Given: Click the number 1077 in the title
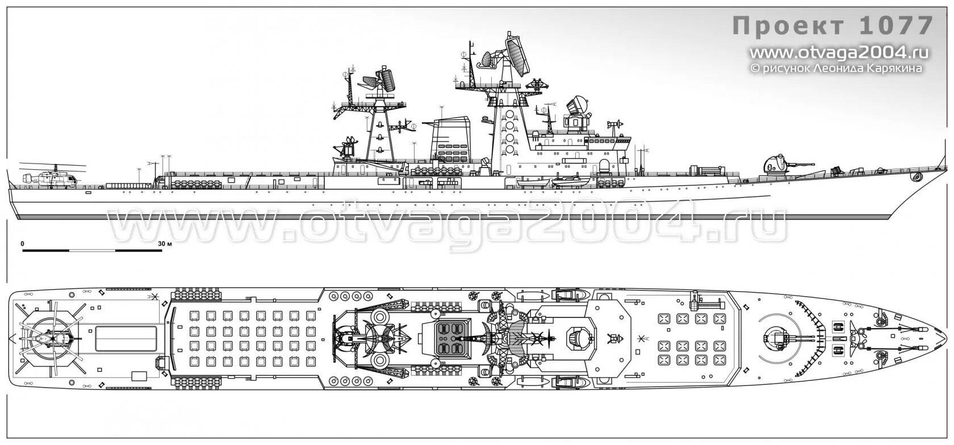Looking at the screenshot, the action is (896, 26).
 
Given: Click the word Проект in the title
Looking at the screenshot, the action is (788, 27).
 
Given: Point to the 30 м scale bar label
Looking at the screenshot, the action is (165, 244).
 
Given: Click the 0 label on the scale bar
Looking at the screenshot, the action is (22, 244).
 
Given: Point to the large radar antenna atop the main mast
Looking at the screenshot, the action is (517, 54).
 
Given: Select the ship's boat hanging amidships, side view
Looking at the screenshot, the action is (570, 182).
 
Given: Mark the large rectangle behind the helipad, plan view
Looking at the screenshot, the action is (125, 338).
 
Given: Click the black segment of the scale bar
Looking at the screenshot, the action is (45, 250).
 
